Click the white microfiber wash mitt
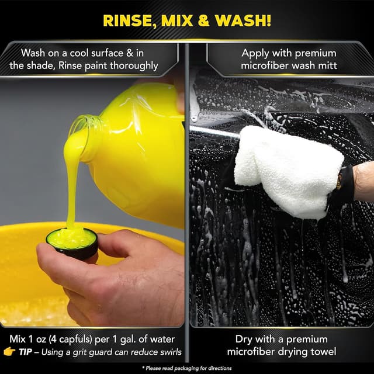(x=286, y=169)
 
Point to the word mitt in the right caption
(x=326, y=65)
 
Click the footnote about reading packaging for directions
(x=187, y=368)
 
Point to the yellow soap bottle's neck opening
(x=85, y=130)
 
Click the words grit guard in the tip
(x=101, y=351)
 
